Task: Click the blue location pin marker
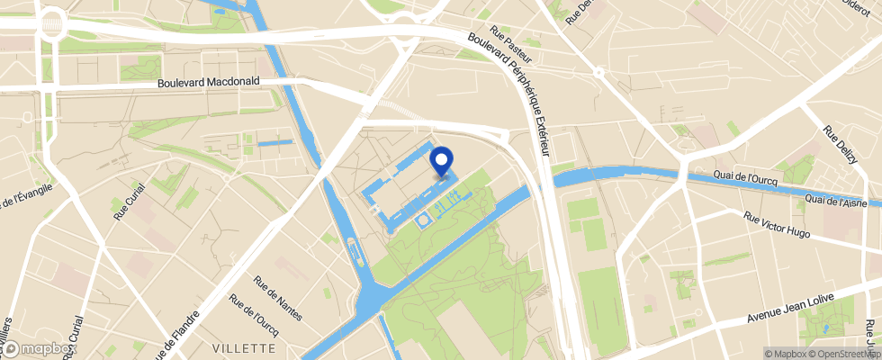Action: coord(441,162)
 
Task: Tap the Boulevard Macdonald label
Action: coord(208,81)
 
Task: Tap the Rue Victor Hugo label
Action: coord(777,225)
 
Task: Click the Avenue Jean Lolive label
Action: coord(792,308)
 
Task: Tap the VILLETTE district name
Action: coord(243,347)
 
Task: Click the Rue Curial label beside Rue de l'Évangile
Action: coord(123,201)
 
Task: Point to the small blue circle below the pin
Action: coord(423,218)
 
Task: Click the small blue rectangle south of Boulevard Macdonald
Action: coord(274,142)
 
